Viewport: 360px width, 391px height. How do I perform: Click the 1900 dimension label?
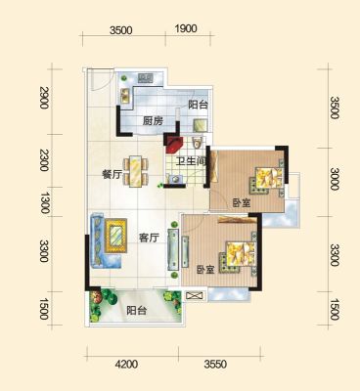186,29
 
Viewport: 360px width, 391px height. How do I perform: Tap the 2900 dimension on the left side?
44,98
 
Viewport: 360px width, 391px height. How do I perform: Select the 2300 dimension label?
44,160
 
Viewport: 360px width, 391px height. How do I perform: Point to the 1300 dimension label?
44,202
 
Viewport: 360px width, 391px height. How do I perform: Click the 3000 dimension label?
335,179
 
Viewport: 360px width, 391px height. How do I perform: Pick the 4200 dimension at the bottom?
126,364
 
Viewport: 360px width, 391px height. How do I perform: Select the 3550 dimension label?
215,364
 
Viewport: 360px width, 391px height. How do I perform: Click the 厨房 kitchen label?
153,121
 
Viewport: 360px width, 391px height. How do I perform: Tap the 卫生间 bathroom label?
191,161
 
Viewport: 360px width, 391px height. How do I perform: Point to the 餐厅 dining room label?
112,175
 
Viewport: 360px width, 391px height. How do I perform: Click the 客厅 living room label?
149,239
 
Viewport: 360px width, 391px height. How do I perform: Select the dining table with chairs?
136,171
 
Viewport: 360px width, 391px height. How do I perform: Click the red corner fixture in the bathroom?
174,145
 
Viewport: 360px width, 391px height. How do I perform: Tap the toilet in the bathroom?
198,142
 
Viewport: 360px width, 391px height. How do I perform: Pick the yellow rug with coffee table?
115,236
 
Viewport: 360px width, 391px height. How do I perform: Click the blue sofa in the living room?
99,241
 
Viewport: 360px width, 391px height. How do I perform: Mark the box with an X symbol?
195,296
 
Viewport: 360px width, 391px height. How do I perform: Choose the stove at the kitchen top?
146,78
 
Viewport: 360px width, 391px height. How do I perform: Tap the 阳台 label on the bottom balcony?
137,311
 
